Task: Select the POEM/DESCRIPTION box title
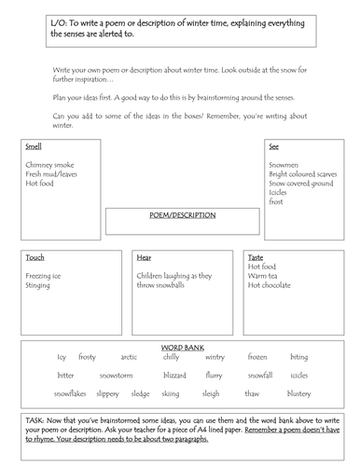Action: (x=183, y=214)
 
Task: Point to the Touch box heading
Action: (x=35, y=256)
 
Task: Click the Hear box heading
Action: (x=145, y=256)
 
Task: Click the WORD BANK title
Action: (x=182, y=347)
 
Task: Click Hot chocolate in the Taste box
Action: (x=272, y=284)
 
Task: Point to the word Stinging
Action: (x=39, y=284)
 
